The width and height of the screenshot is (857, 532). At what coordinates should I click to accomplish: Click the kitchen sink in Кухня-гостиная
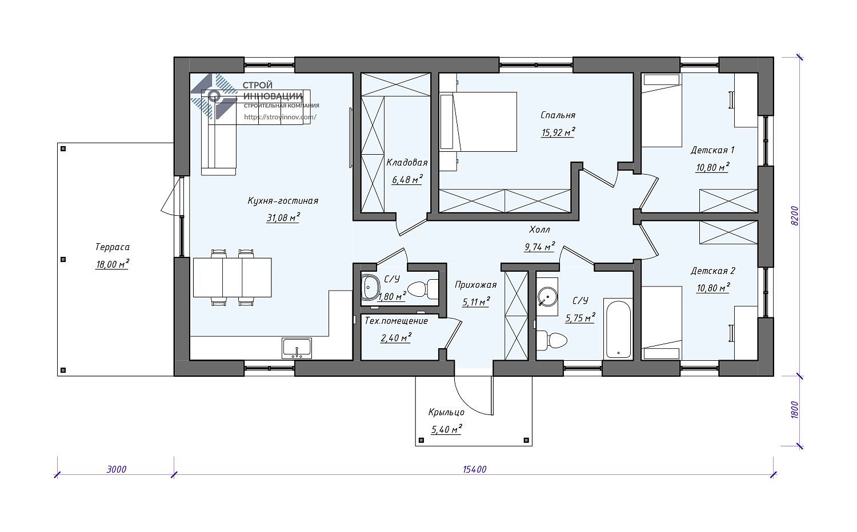297,348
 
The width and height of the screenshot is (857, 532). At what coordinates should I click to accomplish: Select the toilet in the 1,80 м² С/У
422,289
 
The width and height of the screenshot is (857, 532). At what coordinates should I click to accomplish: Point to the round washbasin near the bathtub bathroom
547,297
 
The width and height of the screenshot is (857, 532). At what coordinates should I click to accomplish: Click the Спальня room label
558,115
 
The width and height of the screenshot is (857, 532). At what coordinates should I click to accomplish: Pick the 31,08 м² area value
283,218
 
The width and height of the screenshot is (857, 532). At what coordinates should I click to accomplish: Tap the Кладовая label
407,163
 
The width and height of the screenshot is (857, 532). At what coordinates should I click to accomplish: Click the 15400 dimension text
474,469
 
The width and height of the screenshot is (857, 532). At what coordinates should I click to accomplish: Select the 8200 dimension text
795,216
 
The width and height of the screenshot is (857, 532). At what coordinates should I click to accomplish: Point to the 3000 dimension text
117,469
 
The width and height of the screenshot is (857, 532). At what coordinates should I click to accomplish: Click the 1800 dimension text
795,410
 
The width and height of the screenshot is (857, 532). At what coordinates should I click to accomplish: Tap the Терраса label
112,247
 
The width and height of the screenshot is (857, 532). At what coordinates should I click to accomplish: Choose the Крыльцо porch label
446,412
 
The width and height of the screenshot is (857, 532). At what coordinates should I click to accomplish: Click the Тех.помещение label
396,321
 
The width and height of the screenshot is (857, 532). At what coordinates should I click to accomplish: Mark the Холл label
539,229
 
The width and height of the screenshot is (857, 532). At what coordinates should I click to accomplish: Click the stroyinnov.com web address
280,117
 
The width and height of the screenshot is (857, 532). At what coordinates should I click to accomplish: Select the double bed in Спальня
478,122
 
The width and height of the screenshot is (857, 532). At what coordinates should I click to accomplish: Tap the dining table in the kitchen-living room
232,277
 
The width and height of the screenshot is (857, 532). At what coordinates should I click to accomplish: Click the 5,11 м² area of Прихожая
476,303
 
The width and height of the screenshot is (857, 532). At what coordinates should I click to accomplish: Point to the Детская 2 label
713,271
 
